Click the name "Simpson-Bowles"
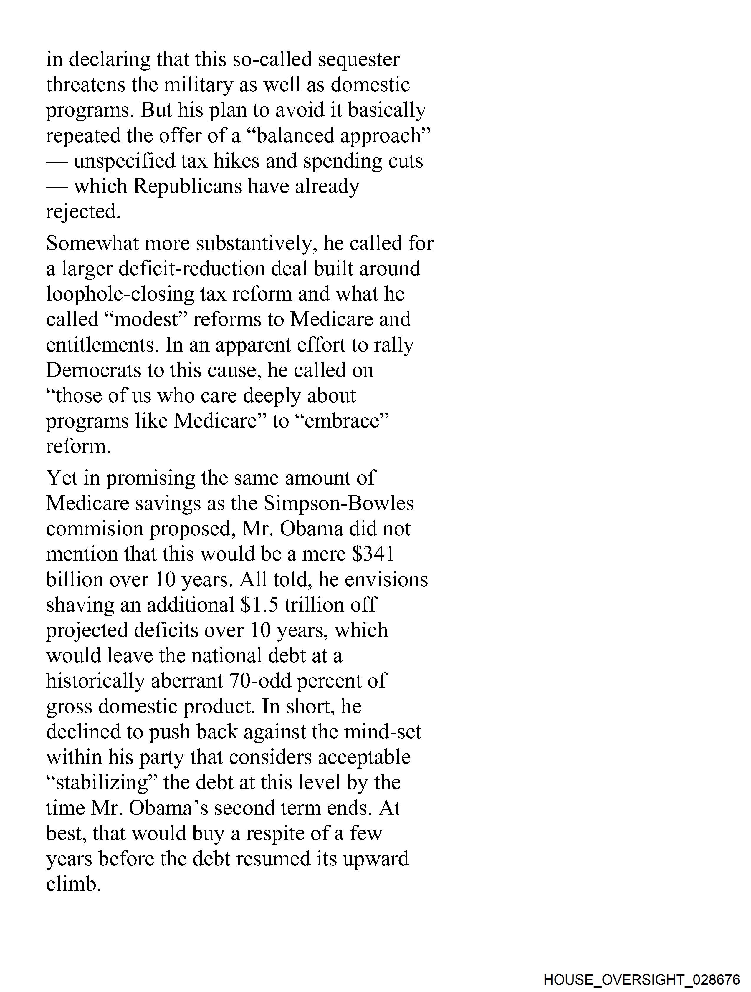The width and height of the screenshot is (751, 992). (x=338, y=504)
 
